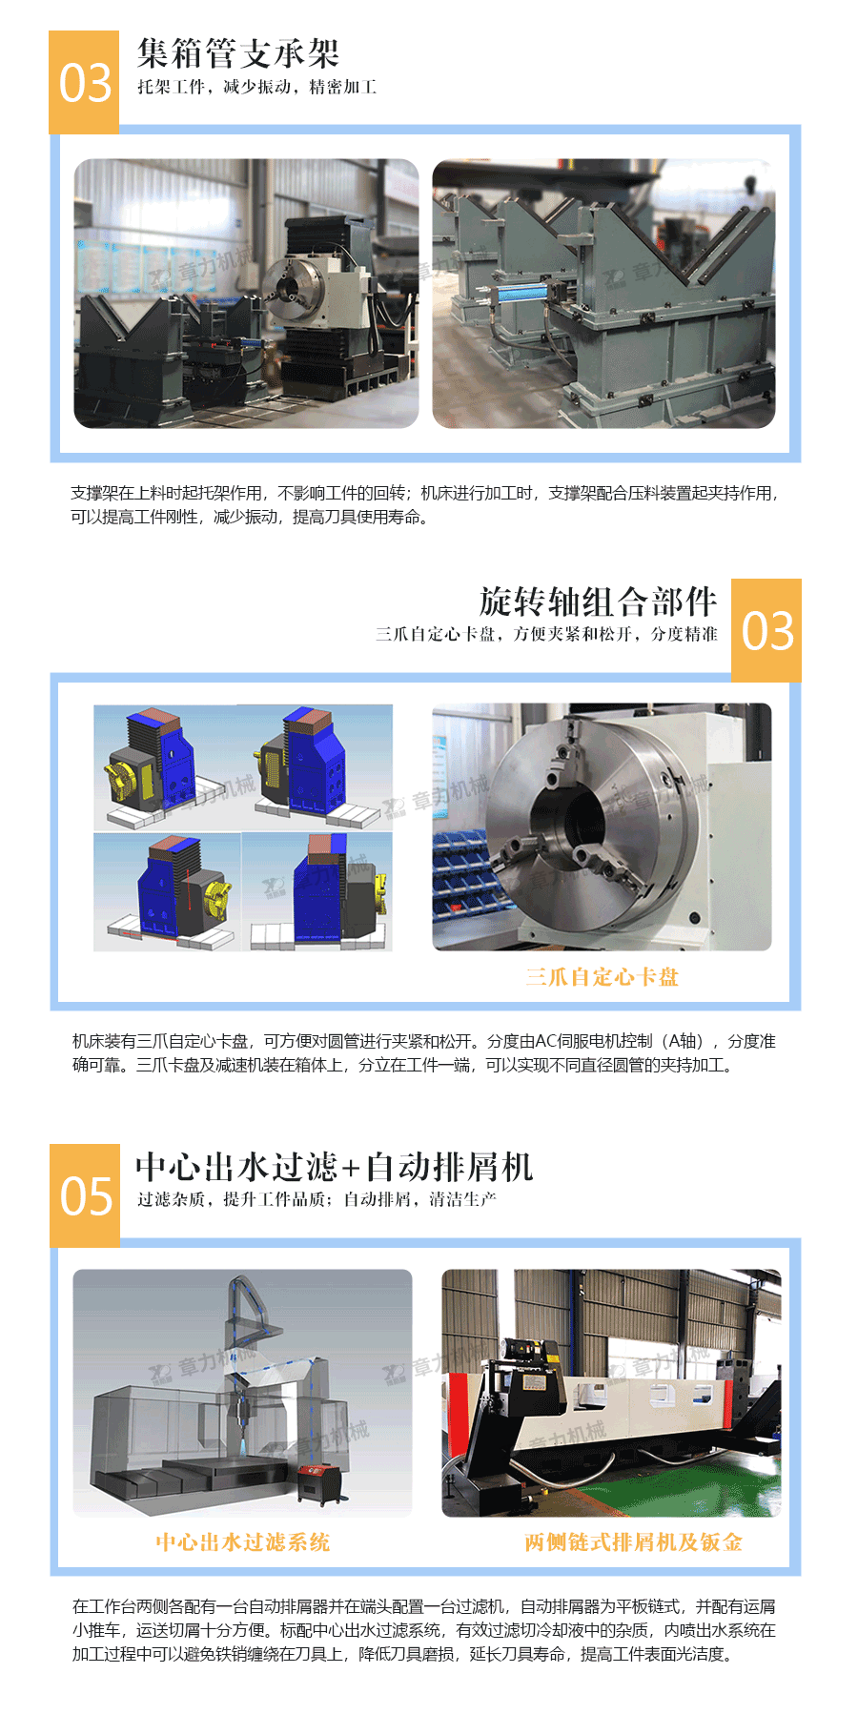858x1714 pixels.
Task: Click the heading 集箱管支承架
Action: click(237, 53)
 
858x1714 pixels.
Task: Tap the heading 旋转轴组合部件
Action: click(598, 602)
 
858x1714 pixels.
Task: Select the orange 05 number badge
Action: click(85, 1195)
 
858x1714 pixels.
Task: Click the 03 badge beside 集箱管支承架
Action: click(85, 83)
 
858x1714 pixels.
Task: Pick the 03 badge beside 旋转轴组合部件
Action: click(766, 631)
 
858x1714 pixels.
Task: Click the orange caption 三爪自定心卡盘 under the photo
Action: click(602, 977)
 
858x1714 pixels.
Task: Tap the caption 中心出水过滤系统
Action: click(242, 1542)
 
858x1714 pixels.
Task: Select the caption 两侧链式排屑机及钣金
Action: click(633, 1542)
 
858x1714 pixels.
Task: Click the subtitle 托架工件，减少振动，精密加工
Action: click(256, 88)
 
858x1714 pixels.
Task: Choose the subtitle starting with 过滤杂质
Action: click(317, 1199)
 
